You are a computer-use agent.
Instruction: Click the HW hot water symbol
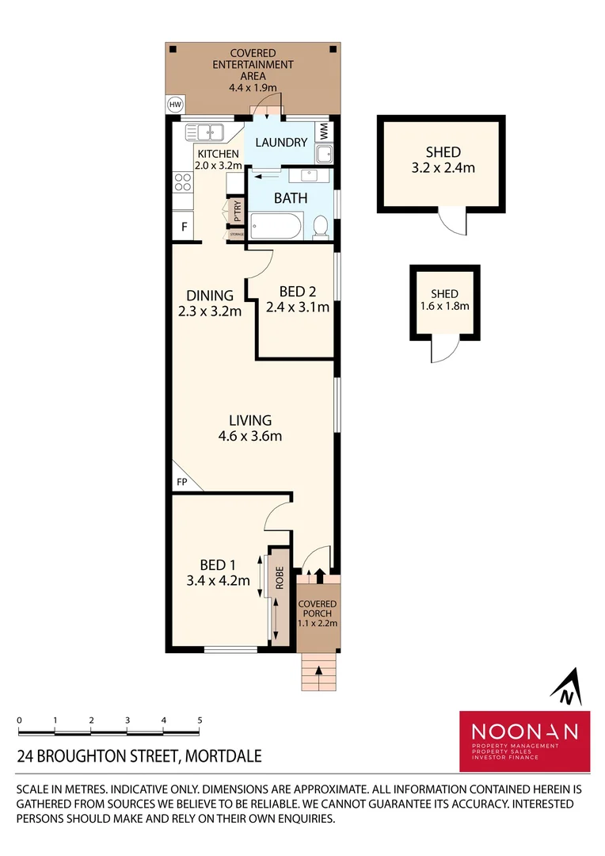(174, 104)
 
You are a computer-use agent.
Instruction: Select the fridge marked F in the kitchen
(185, 227)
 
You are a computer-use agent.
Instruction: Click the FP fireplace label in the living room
(181, 482)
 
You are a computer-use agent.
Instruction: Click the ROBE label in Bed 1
(280, 579)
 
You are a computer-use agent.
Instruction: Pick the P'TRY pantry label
(237, 212)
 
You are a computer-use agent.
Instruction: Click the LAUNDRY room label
(281, 143)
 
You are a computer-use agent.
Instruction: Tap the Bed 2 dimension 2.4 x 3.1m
(297, 308)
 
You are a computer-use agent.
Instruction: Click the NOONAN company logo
(525, 740)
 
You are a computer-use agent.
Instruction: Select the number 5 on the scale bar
(200, 720)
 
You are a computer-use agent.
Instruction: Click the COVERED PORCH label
(318, 609)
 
